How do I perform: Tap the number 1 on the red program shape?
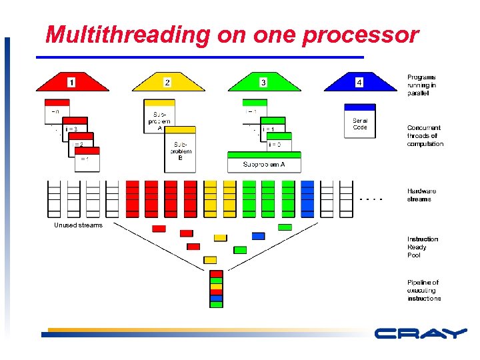coord(71,83)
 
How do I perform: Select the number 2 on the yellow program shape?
coord(167,82)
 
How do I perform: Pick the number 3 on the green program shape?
coord(263,83)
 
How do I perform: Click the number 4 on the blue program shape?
coord(359,83)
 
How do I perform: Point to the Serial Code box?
coord(359,121)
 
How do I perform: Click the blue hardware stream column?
coord(307,199)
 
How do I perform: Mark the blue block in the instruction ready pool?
coord(258,236)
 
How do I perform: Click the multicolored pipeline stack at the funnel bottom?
coord(216,289)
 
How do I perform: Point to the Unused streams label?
coord(78,225)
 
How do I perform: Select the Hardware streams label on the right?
coord(421,195)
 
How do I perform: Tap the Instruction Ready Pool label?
coord(423,247)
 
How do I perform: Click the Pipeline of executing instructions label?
coord(424,291)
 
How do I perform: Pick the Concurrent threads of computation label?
coord(425,135)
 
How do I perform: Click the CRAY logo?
coord(420,333)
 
